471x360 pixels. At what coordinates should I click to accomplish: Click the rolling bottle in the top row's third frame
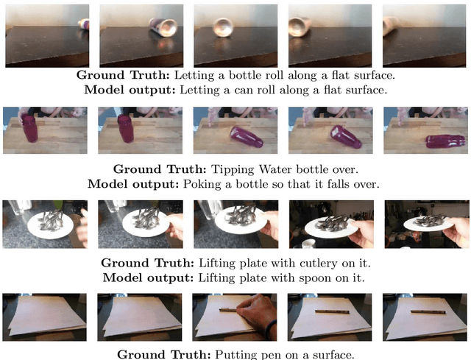point(223,29)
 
